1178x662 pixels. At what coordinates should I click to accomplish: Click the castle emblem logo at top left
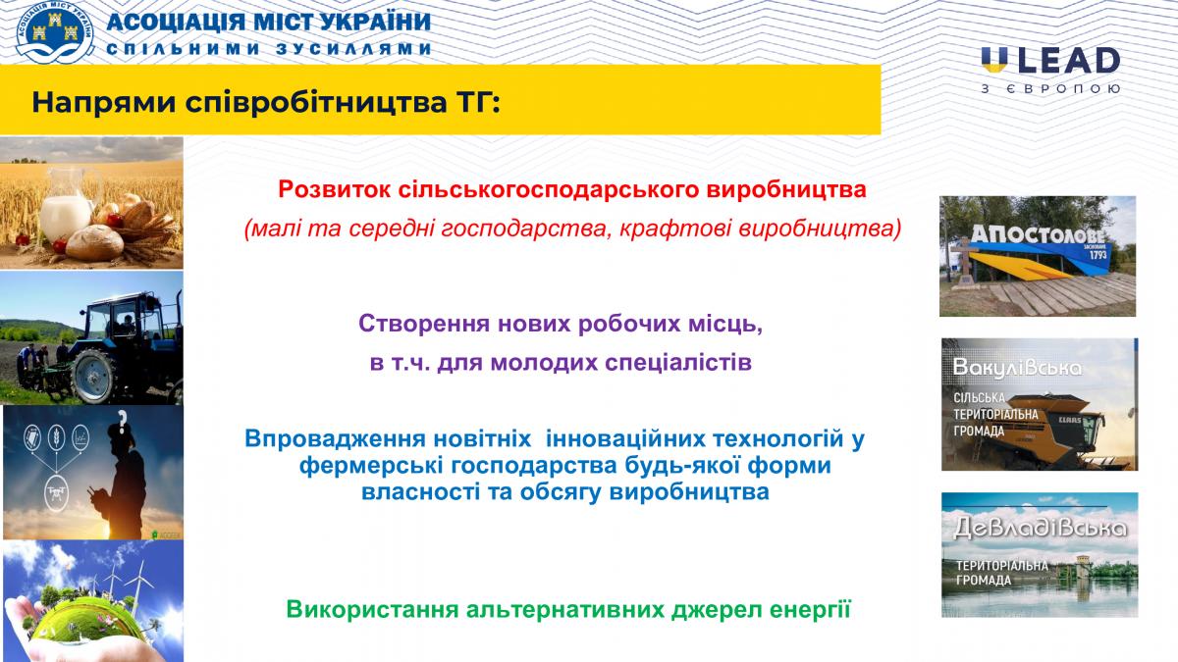pyautogui.click(x=55, y=31)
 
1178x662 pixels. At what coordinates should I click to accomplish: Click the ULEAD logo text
pyautogui.click(x=1050, y=61)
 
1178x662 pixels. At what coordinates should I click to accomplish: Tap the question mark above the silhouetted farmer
pyautogui.click(x=122, y=420)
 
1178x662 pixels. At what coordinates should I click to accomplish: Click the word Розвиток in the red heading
pyautogui.click(x=334, y=189)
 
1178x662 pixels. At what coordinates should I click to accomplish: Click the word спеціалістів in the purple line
pyautogui.click(x=678, y=364)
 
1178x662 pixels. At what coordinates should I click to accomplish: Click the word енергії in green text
pyautogui.click(x=811, y=610)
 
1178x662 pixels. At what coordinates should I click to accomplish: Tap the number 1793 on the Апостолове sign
pyautogui.click(x=1098, y=255)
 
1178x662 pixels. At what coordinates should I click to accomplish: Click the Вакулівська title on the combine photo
pyautogui.click(x=1017, y=369)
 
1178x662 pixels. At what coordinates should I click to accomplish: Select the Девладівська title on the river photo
pyautogui.click(x=1040, y=527)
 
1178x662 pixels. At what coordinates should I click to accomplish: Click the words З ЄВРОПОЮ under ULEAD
pyautogui.click(x=1050, y=89)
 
